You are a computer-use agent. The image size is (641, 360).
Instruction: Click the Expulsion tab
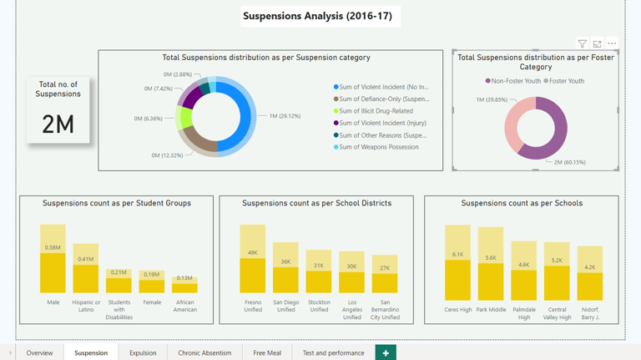click(x=143, y=352)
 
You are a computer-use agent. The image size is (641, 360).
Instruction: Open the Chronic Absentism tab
click(x=204, y=352)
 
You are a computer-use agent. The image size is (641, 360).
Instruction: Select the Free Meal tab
click(x=267, y=352)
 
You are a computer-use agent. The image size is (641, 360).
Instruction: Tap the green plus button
click(x=386, y=352)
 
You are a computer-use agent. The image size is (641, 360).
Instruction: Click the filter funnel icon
click(x=582, y=43)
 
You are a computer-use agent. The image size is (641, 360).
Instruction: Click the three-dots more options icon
click(x=612, y=43)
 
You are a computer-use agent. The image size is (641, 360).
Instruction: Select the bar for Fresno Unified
click(x=253, y=259)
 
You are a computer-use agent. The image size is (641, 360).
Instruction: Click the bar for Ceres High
click(x=457, y=262)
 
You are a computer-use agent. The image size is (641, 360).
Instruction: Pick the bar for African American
click(x=184, y=285)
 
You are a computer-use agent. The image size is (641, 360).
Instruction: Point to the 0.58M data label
click(x=53, y=247)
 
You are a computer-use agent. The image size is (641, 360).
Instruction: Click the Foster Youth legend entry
click(x=563, y=81)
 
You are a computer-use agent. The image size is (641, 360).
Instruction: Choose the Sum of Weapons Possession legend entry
click(x=376, y=147)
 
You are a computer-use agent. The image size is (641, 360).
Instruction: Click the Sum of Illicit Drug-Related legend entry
click(x=373, y=111)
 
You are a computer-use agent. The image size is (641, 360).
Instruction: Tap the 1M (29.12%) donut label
click(x=285, y=116)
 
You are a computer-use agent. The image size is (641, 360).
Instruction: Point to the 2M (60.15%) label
click(x=570, y=162)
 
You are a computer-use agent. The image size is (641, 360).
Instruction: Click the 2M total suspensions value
click(x=58, y=124)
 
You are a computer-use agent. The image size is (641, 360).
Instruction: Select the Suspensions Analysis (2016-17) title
click(x=318, y=16)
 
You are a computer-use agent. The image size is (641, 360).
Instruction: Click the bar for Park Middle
click(x=491, y=264)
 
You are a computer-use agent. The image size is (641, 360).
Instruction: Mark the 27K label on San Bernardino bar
click(x=385, y=268)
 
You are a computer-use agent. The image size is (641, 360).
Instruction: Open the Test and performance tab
click(x=333, y=352)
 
